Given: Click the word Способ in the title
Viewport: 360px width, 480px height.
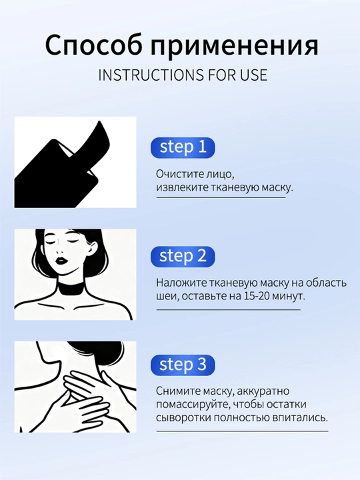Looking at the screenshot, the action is coord(93,45).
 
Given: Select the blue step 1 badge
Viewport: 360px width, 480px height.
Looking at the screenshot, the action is coord(183,147).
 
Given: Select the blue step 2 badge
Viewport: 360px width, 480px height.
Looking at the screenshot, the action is coord(183,256).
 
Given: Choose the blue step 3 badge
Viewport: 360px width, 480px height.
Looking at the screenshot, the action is coord(183,365).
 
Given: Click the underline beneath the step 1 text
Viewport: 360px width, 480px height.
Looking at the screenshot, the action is coord(221,197).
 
